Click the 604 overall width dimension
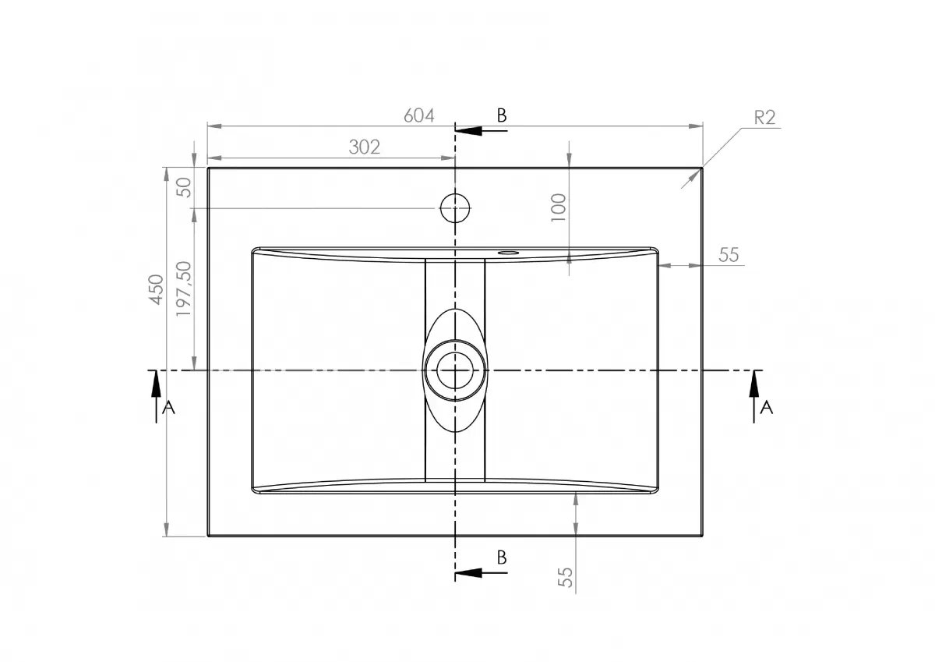pyautogui.click(x=419, y=115)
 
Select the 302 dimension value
pyautogui.click(x=365, y=147)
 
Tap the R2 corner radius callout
pyautogui.click(x=764, y=118)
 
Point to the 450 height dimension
pyautogui.click(x=156, y=289)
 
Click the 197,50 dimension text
pyautogui.click(x=184, y=289)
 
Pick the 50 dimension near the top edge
pyautogui.click(x=184, y=188)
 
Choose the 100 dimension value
pyautogui.click(x=559, y=207)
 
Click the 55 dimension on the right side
pyautogui.click(x=729, y=255)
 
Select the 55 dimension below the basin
pyautogui.click(x=565, y=577)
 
